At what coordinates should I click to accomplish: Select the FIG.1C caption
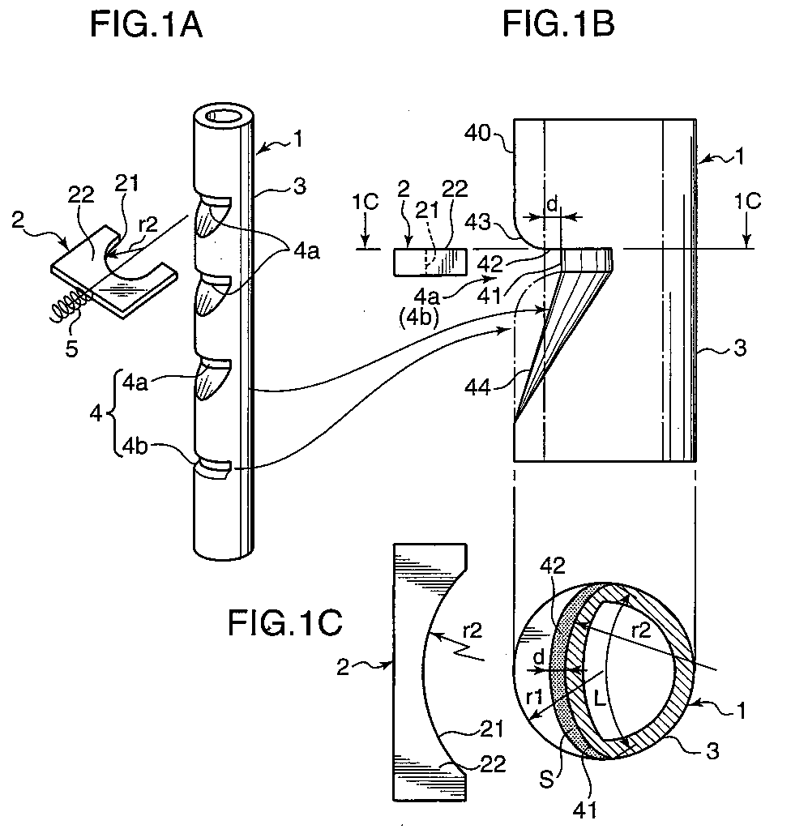[x=284, y=625]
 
